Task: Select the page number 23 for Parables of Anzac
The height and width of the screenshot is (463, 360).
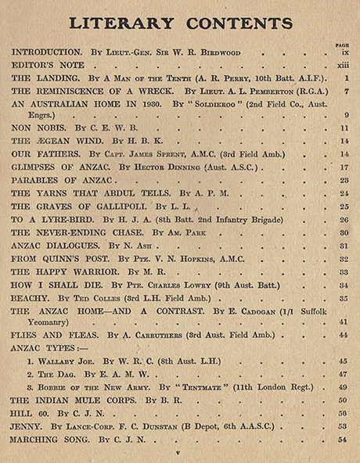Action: coord(343,181)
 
